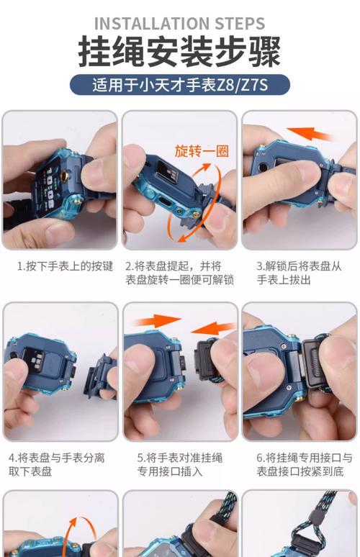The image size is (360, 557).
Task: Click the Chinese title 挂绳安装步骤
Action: tap(179, 53)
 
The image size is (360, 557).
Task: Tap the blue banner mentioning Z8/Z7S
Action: tap(179, 84)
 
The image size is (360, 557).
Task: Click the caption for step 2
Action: tap(180, 273)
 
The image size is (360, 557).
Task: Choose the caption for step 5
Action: tap(180, 464)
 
